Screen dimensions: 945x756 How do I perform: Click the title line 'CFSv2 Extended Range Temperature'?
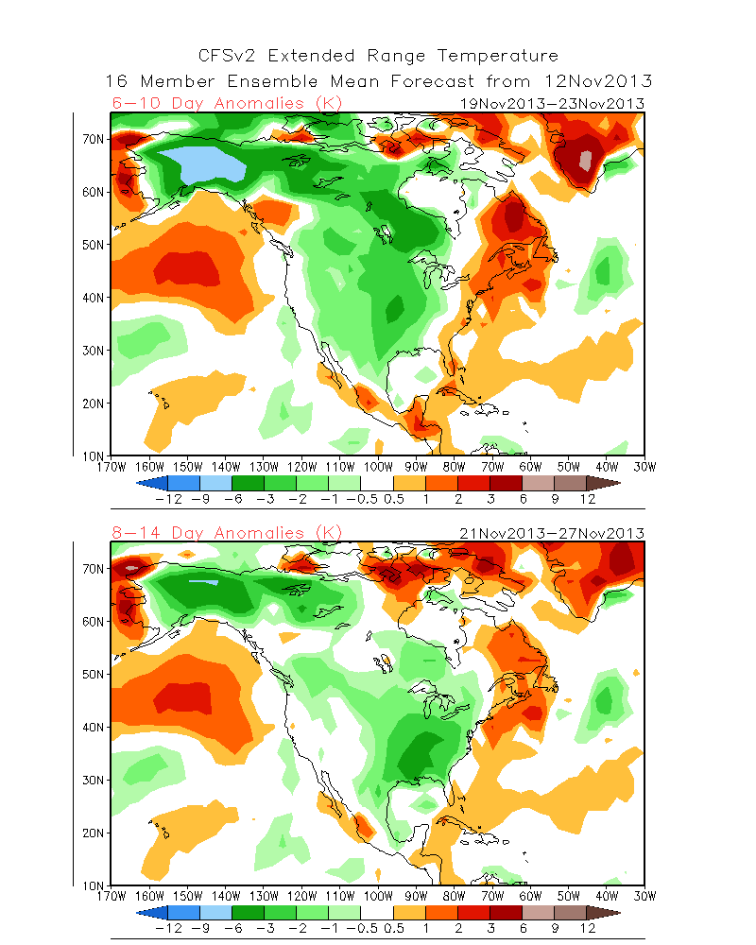pyautogui.click(x=378, y=57)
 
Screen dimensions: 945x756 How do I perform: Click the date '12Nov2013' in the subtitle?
pyautogui.click(x=598, y=81)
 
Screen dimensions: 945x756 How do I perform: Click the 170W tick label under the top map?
pyautogui.click(x=112, y=466)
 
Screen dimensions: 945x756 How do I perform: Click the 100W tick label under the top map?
pyautogui.click(x=378, y=466)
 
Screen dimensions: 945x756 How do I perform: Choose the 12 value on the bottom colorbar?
pyautogui.click(x=587, y=929)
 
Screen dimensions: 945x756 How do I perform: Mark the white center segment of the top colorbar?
pyautogui.click(x=377, y=482)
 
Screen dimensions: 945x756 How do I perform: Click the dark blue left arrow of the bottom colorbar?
pyautogui.click(x=152, y=913)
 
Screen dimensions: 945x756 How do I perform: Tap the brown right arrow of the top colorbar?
pyautogui.click(x=605, y=482)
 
